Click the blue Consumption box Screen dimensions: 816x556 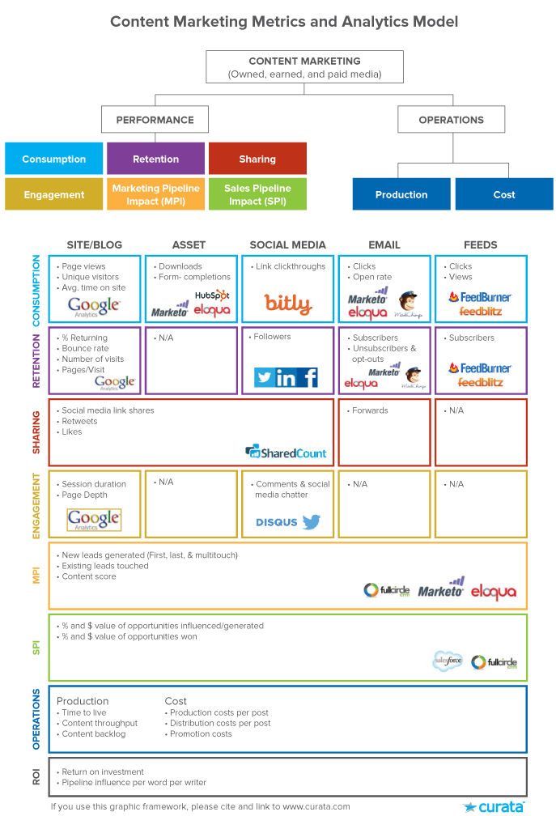(x=54, y=159)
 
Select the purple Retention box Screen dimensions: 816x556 (x=156, y=159)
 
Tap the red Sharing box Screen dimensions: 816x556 (x=257, y=159)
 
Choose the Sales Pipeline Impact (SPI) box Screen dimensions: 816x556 (x=257, y=194)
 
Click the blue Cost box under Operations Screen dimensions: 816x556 (x=504, y=194)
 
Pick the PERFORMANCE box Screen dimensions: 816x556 (x=155, y=120)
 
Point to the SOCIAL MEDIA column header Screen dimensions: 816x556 (x=287, y=244)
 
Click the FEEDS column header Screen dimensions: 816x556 (x=481, y=244)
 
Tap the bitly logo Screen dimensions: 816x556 (x=287, y=304)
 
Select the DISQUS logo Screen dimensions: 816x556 (x=277, y=522)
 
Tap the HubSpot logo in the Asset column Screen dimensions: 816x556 (x=212, y=295)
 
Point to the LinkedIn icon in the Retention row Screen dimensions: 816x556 (x=286, y=377)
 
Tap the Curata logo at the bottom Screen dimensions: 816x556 (x=494, y=806)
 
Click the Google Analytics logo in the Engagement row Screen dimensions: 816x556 (x=94, y=520)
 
